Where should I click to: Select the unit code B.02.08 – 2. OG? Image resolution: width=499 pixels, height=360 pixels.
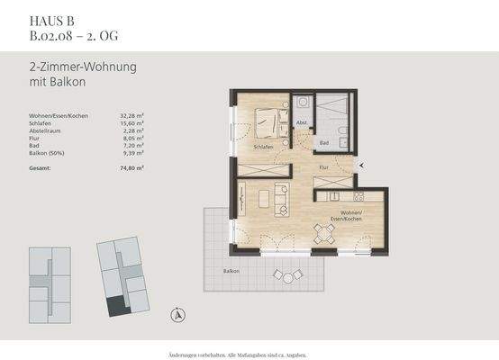tap(73, 36)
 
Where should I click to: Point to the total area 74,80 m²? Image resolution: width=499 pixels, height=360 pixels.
tap(132, 167)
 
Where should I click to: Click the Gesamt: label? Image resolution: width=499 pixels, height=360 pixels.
tap(41, 167)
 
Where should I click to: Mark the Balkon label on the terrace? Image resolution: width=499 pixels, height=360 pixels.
tap(232, 270)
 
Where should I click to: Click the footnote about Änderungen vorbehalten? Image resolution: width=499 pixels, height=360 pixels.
tap(249, 350)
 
